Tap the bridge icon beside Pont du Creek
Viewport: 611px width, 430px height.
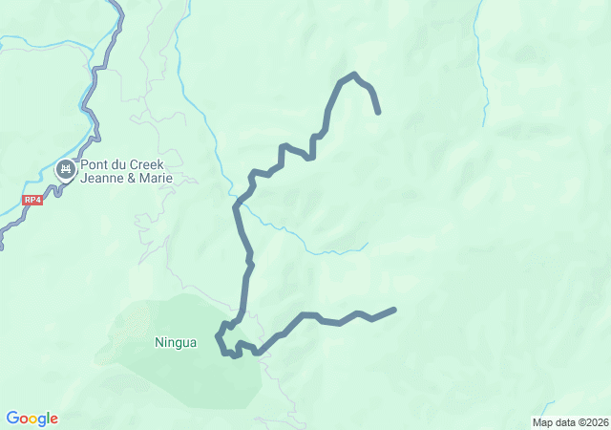[x=66, y=170]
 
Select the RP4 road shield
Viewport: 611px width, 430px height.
[x=33, y=201]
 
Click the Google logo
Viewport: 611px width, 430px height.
[x=32, y=419]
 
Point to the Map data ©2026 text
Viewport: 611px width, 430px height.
[x=569, y=422]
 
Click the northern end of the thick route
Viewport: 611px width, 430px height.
[x=379, y=112]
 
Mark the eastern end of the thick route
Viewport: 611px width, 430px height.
[x=393, y=310]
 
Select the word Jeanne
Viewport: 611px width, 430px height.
[x=102, y=178]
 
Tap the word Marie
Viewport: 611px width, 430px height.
[x=155, y=178]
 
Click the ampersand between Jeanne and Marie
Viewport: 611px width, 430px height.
[x=131, y=178]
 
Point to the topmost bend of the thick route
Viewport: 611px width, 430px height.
[x=354, y=75]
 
